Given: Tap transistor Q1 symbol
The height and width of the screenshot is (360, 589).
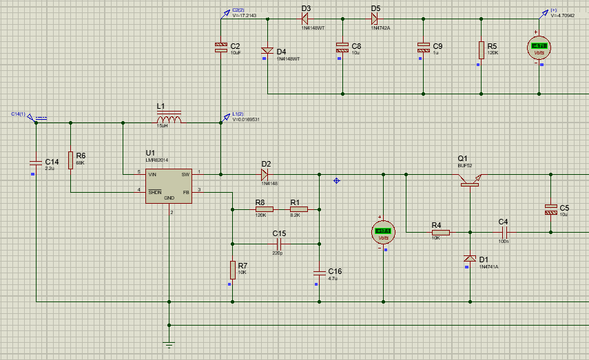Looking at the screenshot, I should click(471, 180).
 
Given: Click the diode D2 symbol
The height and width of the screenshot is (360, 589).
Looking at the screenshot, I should click(266, 173).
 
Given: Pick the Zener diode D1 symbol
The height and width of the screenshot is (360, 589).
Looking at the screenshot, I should click(470, 259).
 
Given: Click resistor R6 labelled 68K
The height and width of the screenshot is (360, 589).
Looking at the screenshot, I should click(70, 160).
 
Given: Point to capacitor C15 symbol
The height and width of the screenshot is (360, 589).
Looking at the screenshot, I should click(280, 243).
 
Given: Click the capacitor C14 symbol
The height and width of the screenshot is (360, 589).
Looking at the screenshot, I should click(34, 162).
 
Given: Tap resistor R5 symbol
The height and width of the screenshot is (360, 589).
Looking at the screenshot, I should click(481, 50).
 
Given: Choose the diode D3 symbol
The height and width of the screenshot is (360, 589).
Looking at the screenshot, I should click(306, 19).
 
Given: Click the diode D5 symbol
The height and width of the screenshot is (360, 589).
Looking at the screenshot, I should click(375, 19).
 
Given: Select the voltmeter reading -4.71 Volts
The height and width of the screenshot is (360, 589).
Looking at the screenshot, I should click(539, 48).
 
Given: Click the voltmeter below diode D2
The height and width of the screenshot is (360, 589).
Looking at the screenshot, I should click(383, 232).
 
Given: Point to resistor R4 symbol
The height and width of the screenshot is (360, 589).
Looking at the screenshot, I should click(441, 233).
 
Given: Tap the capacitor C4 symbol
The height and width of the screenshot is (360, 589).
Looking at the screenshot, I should click(504, 233).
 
